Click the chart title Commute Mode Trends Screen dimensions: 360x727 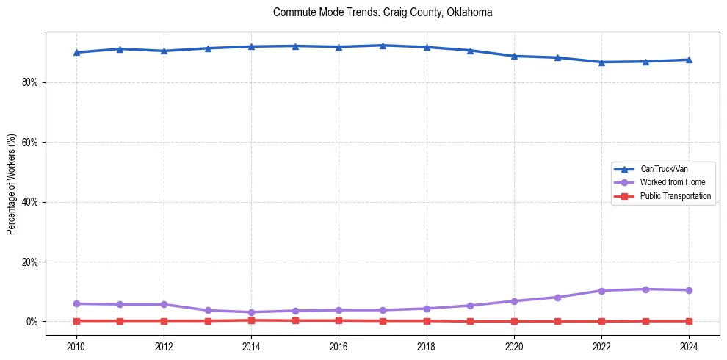[x=382, y=12]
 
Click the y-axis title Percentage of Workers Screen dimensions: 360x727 [x=12, y=184]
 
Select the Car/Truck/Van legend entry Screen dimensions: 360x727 [x=664, y=169]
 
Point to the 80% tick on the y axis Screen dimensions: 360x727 [x=29, y=82]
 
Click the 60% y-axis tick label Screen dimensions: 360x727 [x=29, y=142]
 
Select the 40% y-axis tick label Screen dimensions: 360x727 [x=29, y=202]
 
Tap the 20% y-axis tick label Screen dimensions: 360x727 [x=29, y=262]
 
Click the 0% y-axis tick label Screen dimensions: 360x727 [x=32, y=322]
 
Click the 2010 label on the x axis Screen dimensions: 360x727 [x=76, y=346]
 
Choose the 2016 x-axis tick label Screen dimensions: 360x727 [x=339, y=346]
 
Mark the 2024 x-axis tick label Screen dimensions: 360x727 [x=689, y=346]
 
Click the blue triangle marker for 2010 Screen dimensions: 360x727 [x=76, y=52]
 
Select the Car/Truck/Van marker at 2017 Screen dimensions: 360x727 [x=383, y=46]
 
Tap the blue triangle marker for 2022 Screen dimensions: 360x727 [x=601, y=62]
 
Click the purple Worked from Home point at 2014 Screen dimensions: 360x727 [x=251, y=312]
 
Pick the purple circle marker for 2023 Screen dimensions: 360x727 [x=645, y=289]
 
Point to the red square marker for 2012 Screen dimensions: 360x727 [x=164, y=321]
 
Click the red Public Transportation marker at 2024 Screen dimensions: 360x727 [x=689, y=321]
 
